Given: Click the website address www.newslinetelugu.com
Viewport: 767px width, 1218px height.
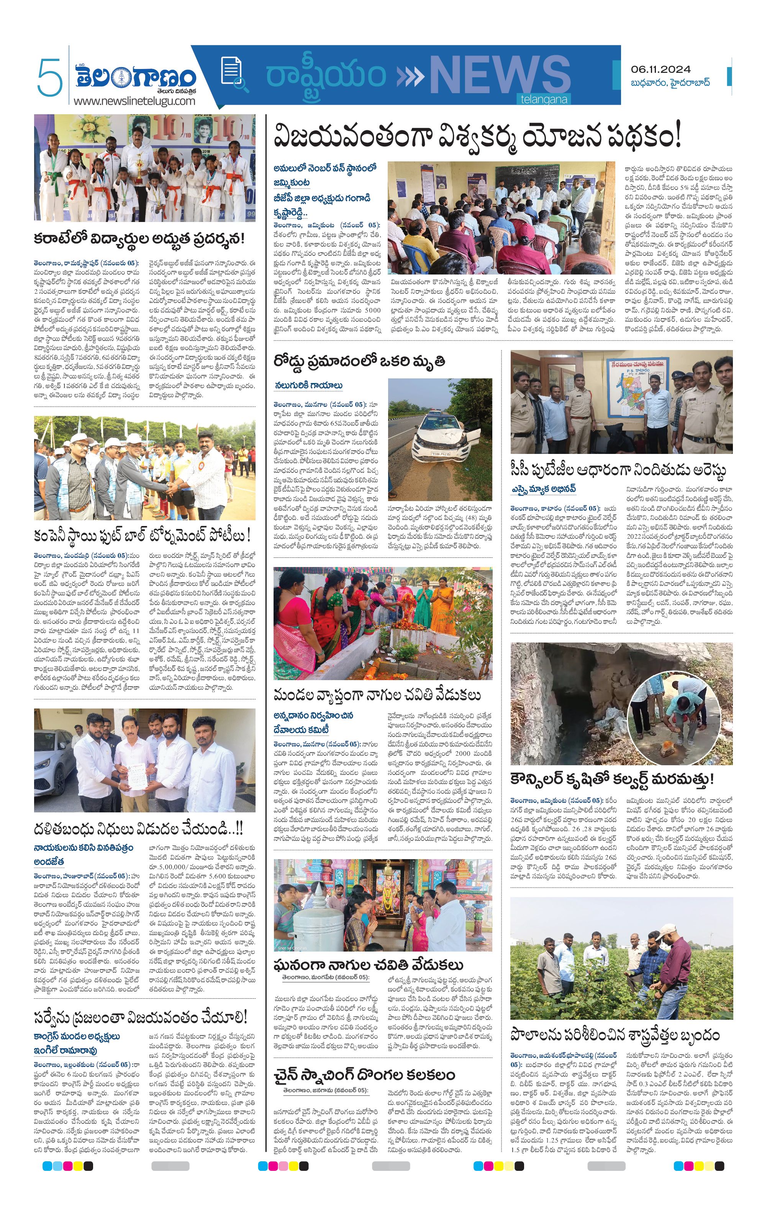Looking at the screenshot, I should tap(134, 101).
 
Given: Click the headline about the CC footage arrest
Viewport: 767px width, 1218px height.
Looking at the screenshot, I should tap(618, 470).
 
